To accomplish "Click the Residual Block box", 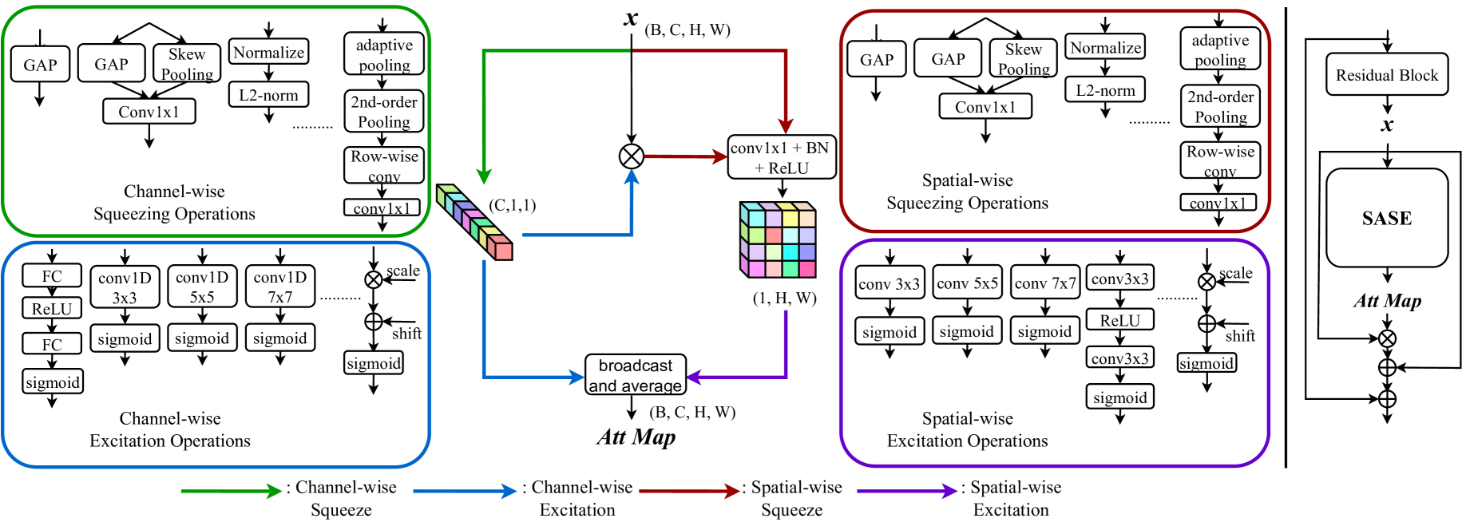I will point(1386,75).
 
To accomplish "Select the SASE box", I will point(1386,218).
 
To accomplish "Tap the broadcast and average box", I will point(636,375).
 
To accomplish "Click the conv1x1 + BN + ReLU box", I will point(782,157).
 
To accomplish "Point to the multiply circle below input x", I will point(632,156).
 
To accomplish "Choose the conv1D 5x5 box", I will point(202,287).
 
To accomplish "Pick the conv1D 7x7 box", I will point(279,287).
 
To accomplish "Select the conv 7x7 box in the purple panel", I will point(1044,283).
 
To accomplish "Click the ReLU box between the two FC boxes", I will point(52,309).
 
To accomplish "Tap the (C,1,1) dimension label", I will point(513,206).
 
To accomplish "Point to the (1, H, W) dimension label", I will point(784,299).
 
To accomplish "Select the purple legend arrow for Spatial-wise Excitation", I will point(906,491).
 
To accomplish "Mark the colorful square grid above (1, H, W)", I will point(778,239).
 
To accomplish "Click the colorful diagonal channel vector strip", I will point(474,221).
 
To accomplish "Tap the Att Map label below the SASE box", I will point(1387,301).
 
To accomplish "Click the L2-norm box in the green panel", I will point(268,96).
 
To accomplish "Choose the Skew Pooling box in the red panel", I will point(1023,59).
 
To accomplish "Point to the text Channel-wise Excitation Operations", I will point(170,429).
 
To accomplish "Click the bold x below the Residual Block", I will point(1387,125).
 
